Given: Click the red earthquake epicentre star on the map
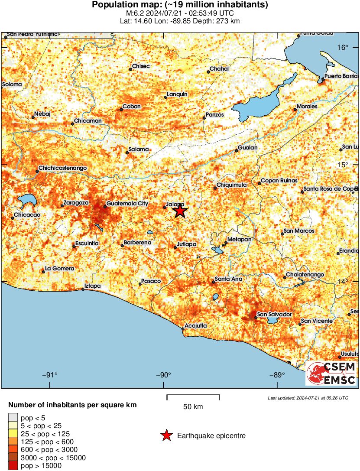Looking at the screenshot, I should [180, 211].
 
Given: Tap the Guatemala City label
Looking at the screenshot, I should [127, 203].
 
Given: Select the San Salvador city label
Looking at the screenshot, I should [274, 314].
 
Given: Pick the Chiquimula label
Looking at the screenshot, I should [231, 185].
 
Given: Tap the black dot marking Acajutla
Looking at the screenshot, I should [183, 329].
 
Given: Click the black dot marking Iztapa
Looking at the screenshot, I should [83, 289].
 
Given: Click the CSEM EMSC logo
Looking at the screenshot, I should [331, 374].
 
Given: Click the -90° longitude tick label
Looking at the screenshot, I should [163, 375].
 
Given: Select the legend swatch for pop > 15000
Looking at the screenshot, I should [13, 466].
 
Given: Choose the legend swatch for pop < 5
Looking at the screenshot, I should [13, 418].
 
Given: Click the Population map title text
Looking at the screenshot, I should [180, 5].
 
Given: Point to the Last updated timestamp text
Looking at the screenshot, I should [308, 398].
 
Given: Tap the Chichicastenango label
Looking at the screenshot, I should [63, 168].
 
